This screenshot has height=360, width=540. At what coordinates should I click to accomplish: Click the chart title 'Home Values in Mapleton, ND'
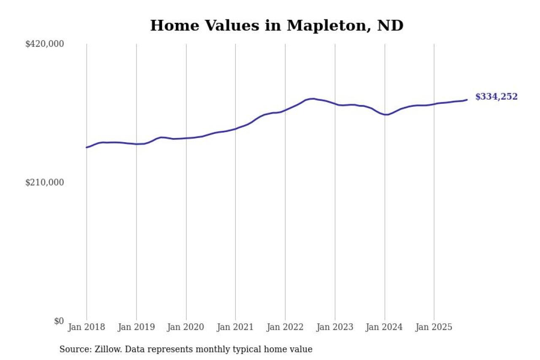(x=277, y=26)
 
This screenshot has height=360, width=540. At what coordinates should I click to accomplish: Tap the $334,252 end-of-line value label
(x=496, y=97)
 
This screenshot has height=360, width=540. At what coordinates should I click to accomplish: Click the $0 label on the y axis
(x=59, y=321)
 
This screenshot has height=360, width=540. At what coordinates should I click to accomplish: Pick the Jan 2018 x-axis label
(x=86, y=327)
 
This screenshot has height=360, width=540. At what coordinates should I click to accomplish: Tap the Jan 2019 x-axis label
(x=136, y=327)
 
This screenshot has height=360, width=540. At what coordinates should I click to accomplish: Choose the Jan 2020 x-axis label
(x=186, y=327)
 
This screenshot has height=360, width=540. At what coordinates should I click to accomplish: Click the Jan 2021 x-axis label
(x=235, y=327)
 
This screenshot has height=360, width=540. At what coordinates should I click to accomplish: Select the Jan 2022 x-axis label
(x=285, y=327)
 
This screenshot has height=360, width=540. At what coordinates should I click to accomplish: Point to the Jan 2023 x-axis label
(x=335, y=327)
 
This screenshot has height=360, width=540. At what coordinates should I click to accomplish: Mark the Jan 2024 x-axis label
(x=384, y=327)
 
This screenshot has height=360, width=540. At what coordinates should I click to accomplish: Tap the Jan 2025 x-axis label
(x=434, y=327)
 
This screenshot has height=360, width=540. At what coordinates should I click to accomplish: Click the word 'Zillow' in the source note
(x=106, y=349)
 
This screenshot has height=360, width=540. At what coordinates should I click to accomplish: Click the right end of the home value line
(x=467, y=100)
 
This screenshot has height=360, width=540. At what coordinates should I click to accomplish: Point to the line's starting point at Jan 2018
(x=86, y=147)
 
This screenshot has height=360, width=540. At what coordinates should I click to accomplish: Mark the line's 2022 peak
(x=312, y=99)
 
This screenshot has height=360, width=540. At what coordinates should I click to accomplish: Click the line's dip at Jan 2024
(x=386, y=115)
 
